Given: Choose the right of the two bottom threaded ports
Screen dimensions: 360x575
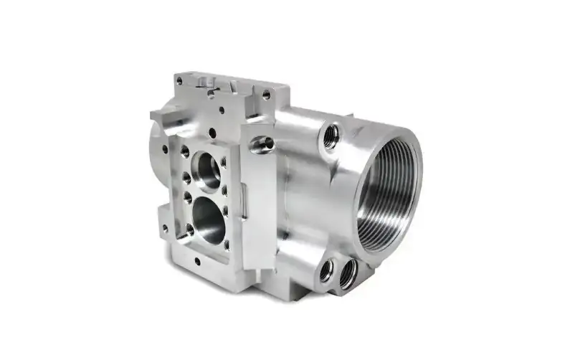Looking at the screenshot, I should click(348, 273).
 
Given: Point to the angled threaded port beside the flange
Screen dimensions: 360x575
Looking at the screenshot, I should click(263, 143).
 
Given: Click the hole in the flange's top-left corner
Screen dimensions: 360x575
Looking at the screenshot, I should click(179, 81).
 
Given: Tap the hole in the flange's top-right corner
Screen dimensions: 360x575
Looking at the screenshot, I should click(266, 94).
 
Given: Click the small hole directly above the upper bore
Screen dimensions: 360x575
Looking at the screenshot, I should click(212, 132).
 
